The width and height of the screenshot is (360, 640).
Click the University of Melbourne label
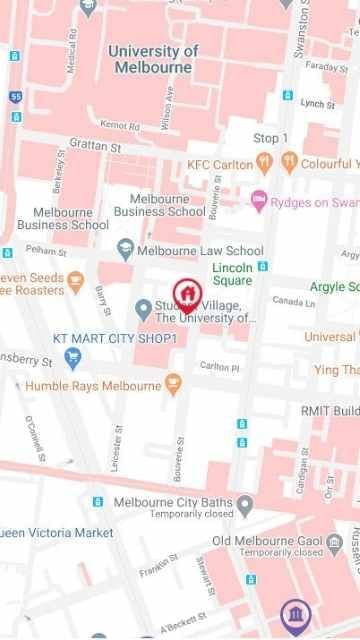pos(153,60)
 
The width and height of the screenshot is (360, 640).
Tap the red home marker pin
pos(186,293)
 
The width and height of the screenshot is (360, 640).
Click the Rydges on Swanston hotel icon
pos(260,201)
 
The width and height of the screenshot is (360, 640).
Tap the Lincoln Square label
pos(232,274)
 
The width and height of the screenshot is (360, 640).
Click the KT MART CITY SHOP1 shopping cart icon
pos(72,357)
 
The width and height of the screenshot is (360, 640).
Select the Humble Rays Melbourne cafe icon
pos(173,384)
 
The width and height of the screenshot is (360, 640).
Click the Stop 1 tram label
pos(270,138)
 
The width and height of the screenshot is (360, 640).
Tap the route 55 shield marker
pos(15,98)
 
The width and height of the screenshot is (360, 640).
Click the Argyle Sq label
pos(333,287)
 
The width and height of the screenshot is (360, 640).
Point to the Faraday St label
pos(325,67)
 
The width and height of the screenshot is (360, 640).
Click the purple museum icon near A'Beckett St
pos(294,611)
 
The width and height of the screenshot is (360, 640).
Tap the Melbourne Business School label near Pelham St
pos(63,219)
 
